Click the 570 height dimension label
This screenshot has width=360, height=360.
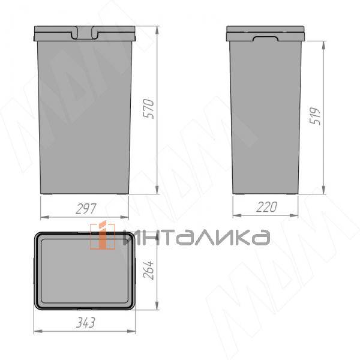coord(148,109)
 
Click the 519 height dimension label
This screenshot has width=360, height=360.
coord(315,116)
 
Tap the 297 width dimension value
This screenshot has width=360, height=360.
coord(86,209)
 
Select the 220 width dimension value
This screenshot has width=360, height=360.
coord(266,207)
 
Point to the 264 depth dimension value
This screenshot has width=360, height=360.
coord(148,270)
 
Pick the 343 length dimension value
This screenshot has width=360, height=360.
coord(85,323)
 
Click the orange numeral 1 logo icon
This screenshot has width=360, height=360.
coord(103,235)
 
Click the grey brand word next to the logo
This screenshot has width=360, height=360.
coord(197,238)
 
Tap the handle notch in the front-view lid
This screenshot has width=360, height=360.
coord(85,32)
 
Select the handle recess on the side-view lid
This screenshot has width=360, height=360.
coord(266,38)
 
